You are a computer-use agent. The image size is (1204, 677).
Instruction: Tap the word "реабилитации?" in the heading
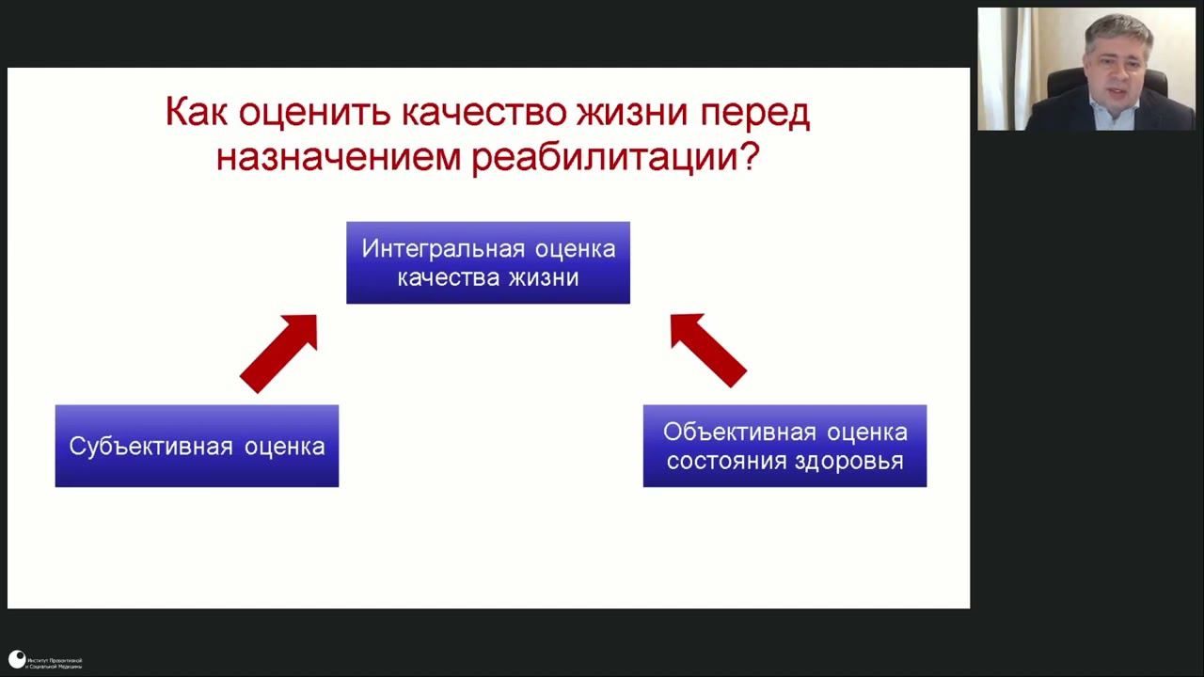(x=615, y=156)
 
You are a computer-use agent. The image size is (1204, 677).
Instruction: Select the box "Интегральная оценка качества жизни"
(x=487, y=262)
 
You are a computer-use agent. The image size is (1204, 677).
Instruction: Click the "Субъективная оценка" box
(x=197, y=446)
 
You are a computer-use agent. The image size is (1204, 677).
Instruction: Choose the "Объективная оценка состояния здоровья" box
(x=784, y=446)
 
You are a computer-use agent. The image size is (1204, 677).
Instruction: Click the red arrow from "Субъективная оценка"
(x=280, y=352)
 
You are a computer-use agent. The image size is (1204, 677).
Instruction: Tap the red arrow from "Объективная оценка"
(x=706, y=349)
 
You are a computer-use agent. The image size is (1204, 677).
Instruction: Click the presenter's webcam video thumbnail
(x=1086, y=69)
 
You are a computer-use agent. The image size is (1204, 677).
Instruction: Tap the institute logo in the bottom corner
(x=17, y=660)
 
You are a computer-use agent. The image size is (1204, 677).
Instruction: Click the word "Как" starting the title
(x=197, y=114)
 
